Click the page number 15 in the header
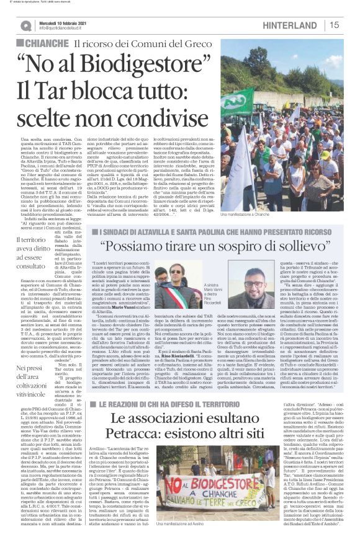(x=334, y=25)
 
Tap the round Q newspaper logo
(x=25, y=25)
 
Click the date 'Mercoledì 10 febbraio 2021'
(x=66, y=22)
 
